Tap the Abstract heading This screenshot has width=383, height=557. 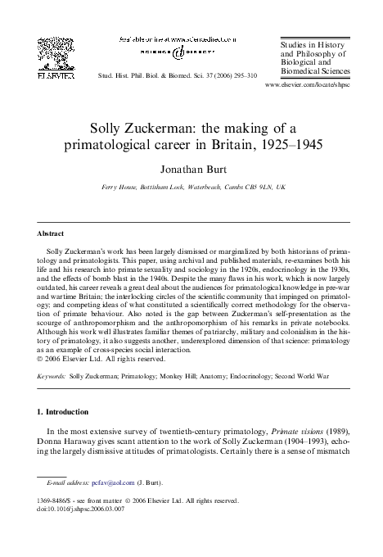pos(52,233)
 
